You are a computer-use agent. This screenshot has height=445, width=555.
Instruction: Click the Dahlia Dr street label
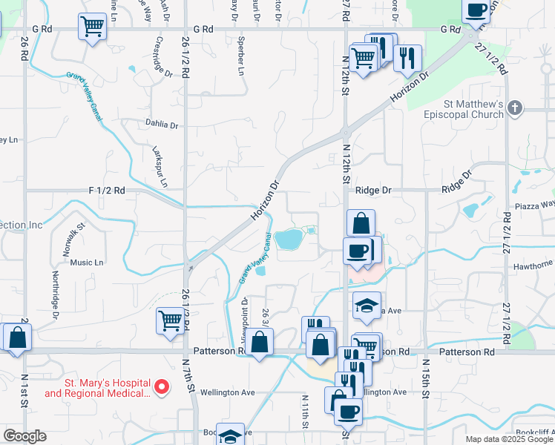point(162,125)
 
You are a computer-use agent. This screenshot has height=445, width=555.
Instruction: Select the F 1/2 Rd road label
point(107,191)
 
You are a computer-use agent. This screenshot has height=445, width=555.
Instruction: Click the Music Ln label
point(87,263)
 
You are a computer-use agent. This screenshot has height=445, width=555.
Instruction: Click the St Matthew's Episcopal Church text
point(464,109)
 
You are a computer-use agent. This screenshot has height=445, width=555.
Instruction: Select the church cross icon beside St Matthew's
point(517,109)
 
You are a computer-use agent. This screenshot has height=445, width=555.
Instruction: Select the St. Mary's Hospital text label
point(96,388)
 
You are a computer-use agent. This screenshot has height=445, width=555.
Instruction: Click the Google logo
point(24,436)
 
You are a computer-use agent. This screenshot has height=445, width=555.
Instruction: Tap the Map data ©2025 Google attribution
point(509,439)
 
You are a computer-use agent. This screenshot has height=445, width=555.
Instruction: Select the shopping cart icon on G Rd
point(92,27)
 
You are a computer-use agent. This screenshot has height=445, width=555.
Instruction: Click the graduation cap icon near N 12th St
point(366,305)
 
